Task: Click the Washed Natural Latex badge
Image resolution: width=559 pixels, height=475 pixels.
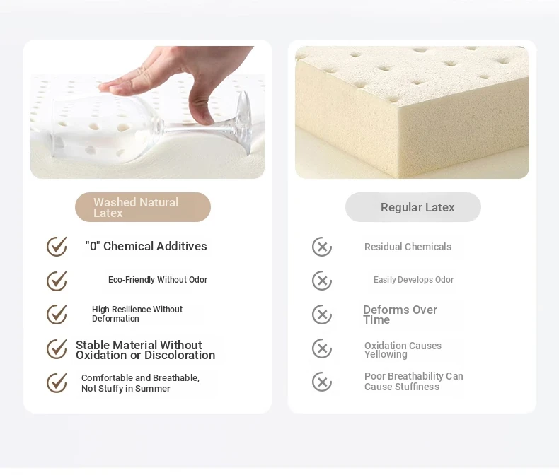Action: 143,207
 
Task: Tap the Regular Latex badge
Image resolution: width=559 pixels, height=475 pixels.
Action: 413,207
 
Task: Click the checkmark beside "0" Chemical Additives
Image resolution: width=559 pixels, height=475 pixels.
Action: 57,247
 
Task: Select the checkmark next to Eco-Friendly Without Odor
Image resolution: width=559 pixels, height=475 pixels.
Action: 57,281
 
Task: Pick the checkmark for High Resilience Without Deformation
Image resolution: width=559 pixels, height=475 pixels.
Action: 57,315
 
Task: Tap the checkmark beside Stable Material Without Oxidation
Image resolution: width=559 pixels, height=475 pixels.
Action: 57,348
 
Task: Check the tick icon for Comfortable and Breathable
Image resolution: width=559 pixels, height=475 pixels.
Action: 57,383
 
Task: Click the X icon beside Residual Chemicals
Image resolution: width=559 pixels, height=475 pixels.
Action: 322,247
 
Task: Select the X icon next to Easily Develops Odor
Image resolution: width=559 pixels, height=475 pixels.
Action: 322,281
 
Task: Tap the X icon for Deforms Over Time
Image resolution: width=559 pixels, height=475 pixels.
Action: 322,315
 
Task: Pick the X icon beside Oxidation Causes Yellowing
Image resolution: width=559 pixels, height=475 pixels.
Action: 322,348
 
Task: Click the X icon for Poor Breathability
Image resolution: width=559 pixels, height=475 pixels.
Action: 322,382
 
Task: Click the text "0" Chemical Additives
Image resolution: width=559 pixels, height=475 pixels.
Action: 146,246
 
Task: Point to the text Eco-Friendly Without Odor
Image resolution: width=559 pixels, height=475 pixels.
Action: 158,280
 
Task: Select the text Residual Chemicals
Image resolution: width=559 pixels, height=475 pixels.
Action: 408,247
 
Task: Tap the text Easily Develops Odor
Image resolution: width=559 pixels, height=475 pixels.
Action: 413,280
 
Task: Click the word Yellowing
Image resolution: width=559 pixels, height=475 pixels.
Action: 386,355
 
